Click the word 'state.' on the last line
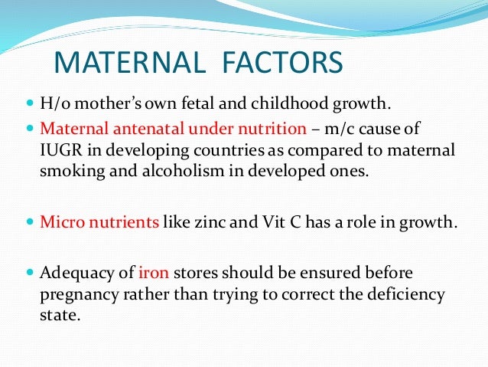59,314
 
